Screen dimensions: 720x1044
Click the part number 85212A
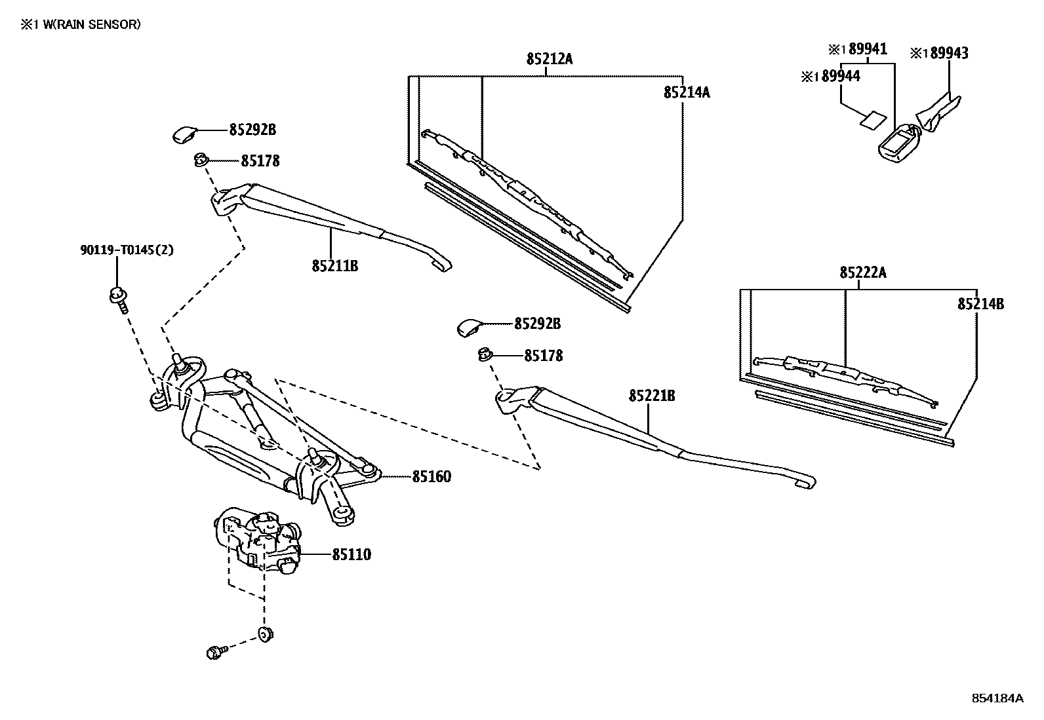click(x=549, y=59)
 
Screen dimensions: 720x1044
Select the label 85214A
click(x=686, y=92)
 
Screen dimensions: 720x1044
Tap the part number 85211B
click(x=334, y=266)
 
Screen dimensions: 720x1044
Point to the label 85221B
click(x=652, y=396)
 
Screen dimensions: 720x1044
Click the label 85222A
click(x=862, y=273)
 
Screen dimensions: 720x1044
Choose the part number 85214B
click(x=980, y=304)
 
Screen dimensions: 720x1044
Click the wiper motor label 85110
click(x=351, y=555)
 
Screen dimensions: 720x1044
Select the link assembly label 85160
click(x=432, y=477)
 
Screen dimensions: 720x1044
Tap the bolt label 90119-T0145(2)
click(x=127, y=250)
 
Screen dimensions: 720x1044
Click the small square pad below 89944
click(x=872, y=121)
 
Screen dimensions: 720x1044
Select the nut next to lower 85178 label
click(x=485, y=355)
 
